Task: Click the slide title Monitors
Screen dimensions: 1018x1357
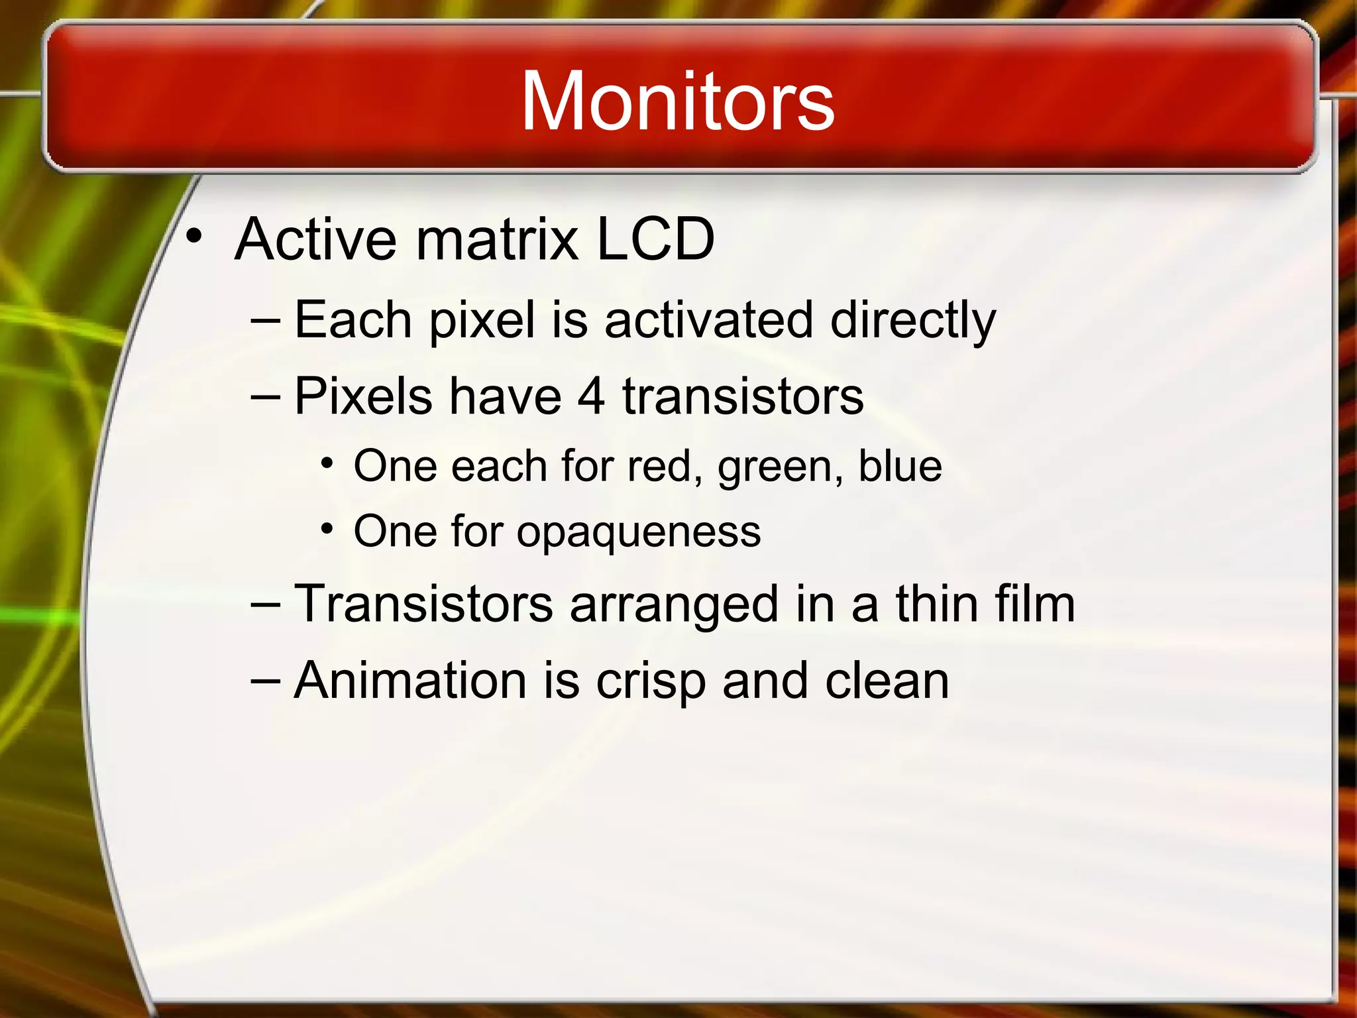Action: [677, 102]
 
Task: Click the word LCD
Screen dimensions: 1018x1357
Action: [655, 239]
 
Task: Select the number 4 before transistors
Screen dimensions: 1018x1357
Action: [590, 397]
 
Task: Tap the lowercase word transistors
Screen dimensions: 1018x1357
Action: [743, 397]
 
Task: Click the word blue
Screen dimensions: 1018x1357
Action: [900, 466]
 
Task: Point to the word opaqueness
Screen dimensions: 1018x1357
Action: [639, 533]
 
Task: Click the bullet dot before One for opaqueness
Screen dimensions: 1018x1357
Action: [326, 529]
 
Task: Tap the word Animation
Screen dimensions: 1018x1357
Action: [410, 681]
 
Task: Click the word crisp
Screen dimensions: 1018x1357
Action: [651, 682]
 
